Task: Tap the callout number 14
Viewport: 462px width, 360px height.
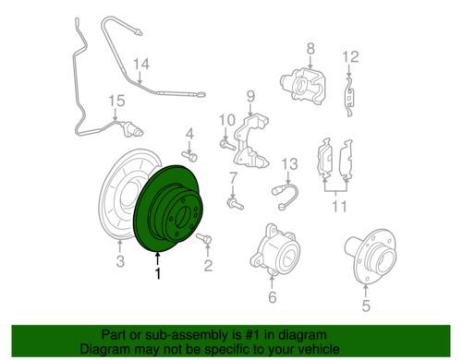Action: [x=141, y=64]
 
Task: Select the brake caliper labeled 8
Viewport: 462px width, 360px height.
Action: [x=303, y=85]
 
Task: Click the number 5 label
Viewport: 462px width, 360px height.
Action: [x=366, y=306]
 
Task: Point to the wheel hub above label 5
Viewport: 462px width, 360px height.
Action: [x=370, y=255]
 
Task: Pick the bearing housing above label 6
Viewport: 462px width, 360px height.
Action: [x=273, y=249]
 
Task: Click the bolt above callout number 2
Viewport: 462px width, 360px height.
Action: [x=203, y=238]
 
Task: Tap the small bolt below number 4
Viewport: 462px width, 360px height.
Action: [x=189, y=155]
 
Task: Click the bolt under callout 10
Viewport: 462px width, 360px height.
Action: [x=227, y=144]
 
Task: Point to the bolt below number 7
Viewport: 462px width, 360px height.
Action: [x=235, y=204]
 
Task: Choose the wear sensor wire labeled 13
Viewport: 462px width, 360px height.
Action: [x=285, y=196]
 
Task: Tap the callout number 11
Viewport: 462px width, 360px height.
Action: [x=339, y=206]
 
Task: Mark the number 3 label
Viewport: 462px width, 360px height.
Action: [x=120, y=261]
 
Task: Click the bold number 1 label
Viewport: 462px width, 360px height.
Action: [x=158, y=273]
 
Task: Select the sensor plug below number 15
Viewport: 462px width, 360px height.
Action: [x=132, y=129]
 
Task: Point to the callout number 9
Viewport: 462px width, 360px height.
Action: [x=250, y=96]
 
